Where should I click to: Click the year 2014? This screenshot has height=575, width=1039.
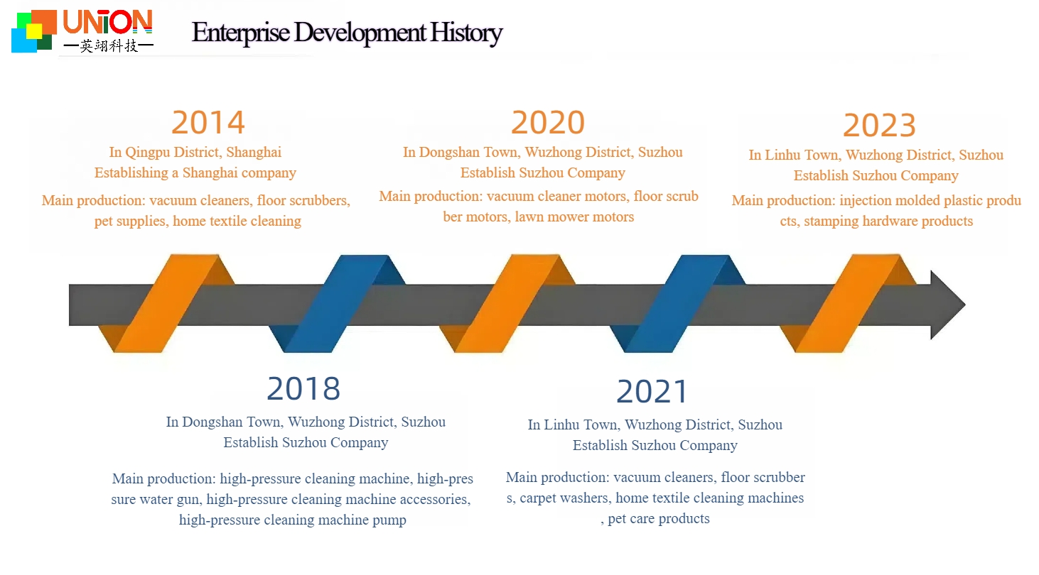[x=208, y=123]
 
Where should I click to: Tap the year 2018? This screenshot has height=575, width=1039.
[x=303, y=389]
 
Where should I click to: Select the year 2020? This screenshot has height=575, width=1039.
[x=548, y=123]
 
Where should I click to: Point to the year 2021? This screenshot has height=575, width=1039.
[x=652, y=392]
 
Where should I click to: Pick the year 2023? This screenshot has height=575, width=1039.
[x=879, y=126]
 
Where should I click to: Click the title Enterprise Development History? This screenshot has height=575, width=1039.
[x=347, y=33]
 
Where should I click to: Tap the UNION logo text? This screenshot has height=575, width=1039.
[x=107, y=22]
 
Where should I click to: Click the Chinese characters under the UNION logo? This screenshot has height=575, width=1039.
[x=108, y=47]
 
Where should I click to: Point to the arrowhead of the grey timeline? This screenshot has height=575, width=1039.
[x=948, y=305]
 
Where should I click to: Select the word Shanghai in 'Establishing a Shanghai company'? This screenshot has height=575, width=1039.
[x=211, y=173]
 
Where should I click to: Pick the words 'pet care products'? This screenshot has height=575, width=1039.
[x=659, y=519]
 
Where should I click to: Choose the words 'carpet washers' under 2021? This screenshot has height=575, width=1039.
[x=564, y=498]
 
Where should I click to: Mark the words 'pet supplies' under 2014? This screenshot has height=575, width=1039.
[x=130, y=221]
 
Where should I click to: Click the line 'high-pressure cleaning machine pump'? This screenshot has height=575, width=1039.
[x=293, y=520]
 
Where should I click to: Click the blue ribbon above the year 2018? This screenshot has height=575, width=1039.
[x=337, y=304]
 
